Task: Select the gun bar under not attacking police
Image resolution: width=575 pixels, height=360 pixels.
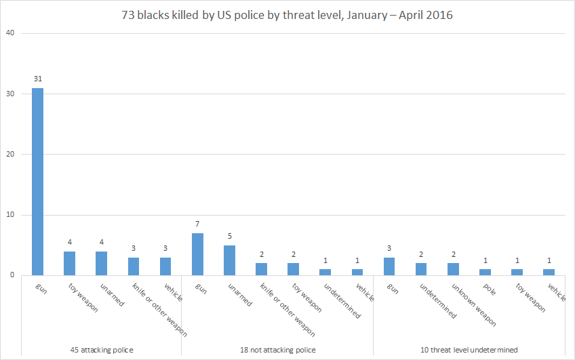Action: (x=197, y=254)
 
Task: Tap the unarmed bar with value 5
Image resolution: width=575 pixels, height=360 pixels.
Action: (x=229, y=260)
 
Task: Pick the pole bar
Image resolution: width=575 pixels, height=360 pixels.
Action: (x=485, y=272)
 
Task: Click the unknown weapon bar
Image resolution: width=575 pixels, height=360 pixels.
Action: (x=454, y=269)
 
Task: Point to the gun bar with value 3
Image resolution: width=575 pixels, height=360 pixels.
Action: (x=389, y=266)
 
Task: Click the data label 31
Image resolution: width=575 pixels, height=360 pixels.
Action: (x=37, y=79)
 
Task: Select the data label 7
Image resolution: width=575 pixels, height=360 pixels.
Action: (x=197, y=224)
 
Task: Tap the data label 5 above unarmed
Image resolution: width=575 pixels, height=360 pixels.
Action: (x=229, y=237)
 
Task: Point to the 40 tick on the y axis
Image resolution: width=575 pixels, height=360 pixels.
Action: (x=10, y=33)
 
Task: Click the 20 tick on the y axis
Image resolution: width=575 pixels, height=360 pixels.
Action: (x=10, y=154)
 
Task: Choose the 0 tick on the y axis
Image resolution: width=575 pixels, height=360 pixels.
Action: (x=12, y=275)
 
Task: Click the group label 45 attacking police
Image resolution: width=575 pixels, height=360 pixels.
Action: (x=101, y=350)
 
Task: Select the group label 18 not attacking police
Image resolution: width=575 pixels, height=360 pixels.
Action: (x=277, y=350)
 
